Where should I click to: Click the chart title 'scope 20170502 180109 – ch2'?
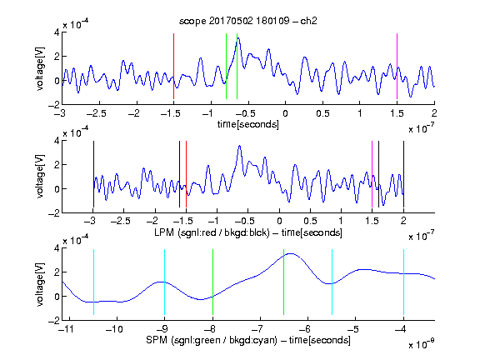tap(248, 21)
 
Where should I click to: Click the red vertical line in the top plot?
tap(173, 66)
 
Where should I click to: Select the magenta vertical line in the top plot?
tap(397, 66)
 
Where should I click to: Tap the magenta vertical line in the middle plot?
tap(372, 174)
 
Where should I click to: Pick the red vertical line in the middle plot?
tap(186, 174)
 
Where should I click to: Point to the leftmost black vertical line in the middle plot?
tap(93, 174)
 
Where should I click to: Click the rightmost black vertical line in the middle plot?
tap(403, 174)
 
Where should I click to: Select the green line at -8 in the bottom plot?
tap(212, 282)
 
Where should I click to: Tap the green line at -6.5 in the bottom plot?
tap(284, 282)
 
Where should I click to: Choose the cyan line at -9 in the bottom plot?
tap(164, 282)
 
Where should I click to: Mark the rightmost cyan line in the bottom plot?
tap(403, 282)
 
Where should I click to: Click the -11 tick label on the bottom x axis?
tap(66, 329)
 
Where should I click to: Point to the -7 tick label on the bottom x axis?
tap(257, 329)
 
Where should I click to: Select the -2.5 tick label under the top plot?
tap(96, 113)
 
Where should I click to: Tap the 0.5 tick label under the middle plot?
tap(310, 221)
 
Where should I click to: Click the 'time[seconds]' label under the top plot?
tap(248, 124)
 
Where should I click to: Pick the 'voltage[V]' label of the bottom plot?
tap(40, 284)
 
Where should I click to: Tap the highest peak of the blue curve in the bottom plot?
tap(291, 253)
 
